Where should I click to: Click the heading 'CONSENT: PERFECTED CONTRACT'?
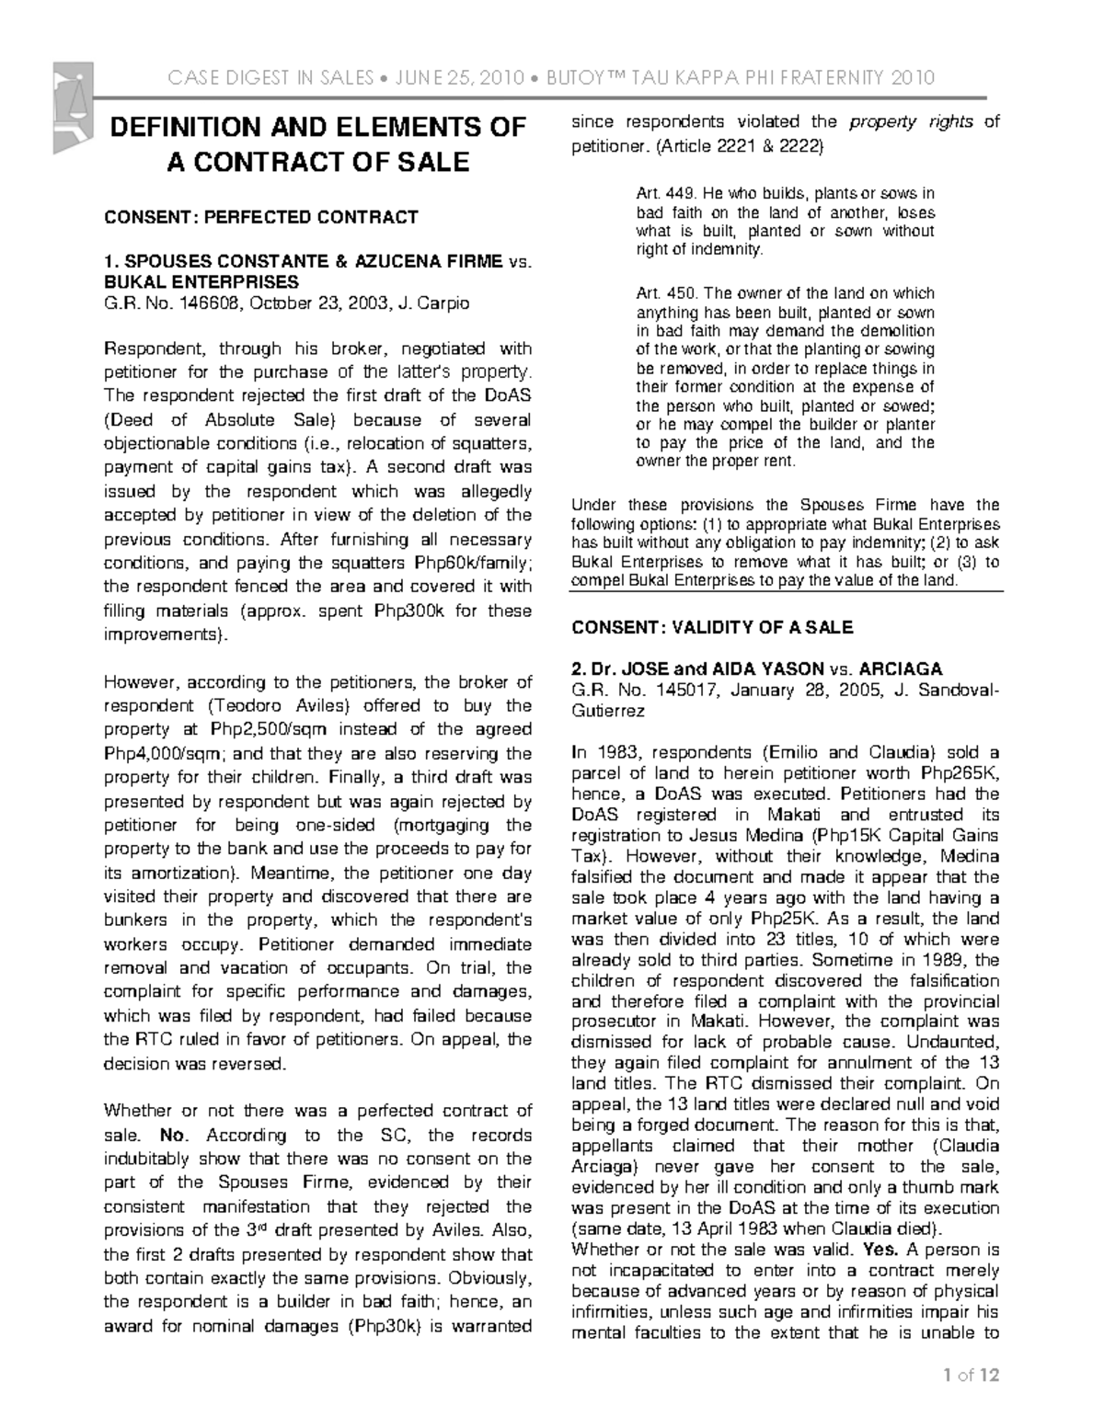click(260, 217)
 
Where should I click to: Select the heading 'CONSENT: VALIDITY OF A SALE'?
click(712, 628)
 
